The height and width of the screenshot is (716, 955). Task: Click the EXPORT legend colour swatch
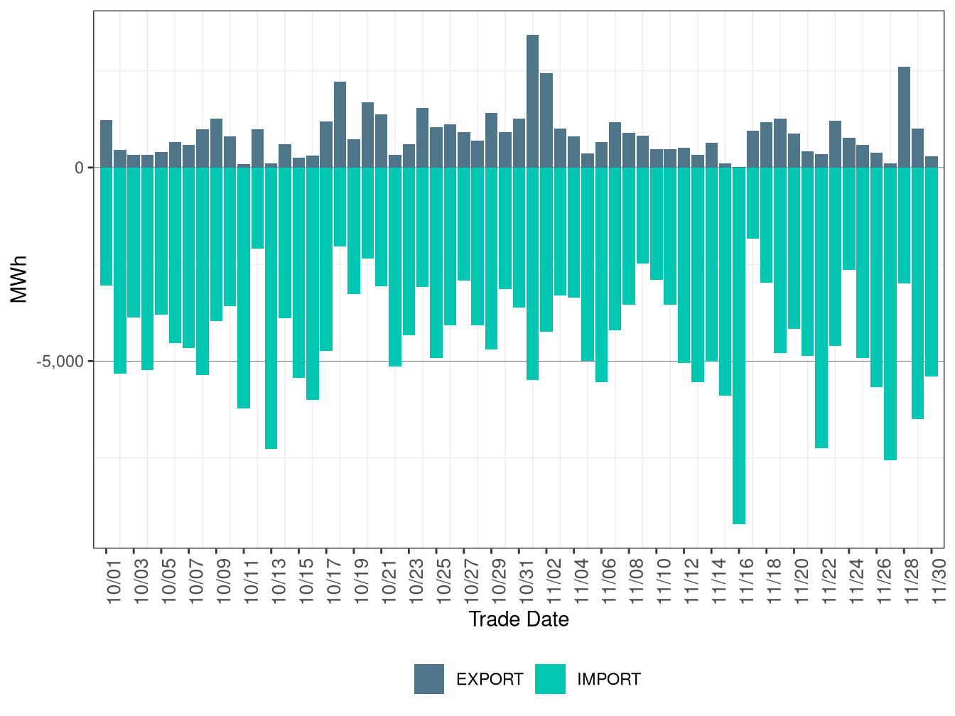point(429,679)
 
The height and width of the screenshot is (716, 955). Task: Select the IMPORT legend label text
point(608,680)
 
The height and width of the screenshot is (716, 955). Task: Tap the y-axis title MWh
point(20,279)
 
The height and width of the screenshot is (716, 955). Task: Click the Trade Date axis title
point(519,619)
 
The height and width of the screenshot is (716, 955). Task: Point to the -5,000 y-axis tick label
point(60,362)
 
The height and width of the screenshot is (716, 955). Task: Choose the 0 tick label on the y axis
point(80,168)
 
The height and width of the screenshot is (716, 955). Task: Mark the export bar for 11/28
point(904,117)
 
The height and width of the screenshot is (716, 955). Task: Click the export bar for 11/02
point(546,120)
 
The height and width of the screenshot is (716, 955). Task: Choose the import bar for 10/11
point(244,288)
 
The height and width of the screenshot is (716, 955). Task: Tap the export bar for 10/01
point(106,143)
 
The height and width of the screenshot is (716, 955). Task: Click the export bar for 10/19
point(367,135)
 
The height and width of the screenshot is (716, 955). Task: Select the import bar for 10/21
point(395,267)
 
